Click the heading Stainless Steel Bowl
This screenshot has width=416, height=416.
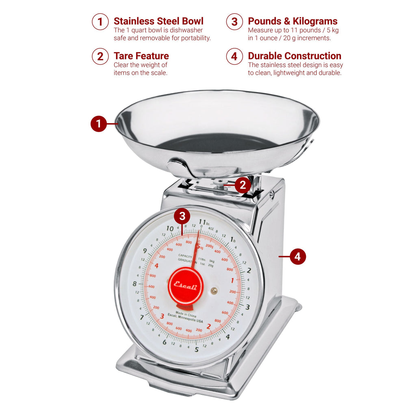[158, 21]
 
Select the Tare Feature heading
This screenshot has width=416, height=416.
[141, 56]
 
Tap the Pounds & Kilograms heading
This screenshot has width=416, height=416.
[292, 21]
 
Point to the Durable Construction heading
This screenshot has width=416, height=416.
[295, 56]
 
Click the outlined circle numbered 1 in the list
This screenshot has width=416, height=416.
[100, 22]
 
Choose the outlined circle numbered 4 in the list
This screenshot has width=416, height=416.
[234, 56]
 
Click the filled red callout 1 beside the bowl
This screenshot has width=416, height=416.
[98, 123]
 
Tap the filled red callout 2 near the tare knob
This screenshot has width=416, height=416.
[243, 185]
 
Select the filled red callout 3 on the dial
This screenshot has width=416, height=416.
[182, 216]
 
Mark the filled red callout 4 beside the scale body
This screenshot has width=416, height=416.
[298, 257]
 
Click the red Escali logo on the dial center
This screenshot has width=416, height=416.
[186, 285]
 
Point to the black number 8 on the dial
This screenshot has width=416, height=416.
[134, 284]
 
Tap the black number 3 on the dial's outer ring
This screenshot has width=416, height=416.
[247, 307]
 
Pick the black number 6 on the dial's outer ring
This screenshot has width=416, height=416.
[165, 342]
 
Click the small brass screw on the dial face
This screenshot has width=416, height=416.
[214, 290]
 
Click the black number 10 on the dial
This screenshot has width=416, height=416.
[170, 228]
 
